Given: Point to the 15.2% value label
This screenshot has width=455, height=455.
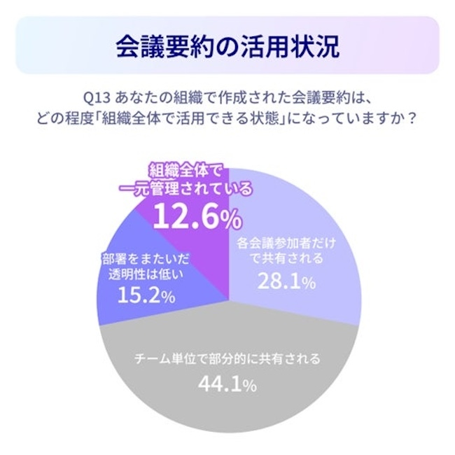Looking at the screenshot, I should pyautogui.click(x=145, y=295).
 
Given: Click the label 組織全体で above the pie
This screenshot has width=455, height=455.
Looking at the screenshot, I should pyautogui.click(x=183, y=170).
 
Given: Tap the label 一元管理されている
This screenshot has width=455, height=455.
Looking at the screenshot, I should pyautogui.click(x=183, y=189).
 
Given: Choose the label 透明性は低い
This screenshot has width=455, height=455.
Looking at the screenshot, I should pyautogui.click(x=146, y=274).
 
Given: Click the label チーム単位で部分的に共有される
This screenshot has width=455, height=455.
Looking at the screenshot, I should pyautogui.click(x=227, y=360).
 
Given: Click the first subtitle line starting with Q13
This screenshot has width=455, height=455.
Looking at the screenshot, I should pyautogui.click(x=227, y=95).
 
